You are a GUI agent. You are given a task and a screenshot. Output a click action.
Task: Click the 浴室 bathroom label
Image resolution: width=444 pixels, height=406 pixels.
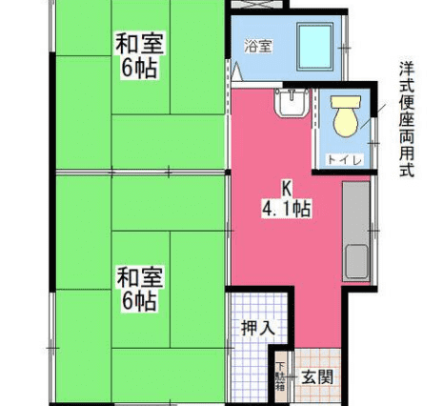(258, 47)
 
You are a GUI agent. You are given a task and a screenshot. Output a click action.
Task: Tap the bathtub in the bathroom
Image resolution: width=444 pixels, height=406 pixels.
(314, 47)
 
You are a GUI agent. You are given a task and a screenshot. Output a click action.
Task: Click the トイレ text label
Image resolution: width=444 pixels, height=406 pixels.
(345, 160)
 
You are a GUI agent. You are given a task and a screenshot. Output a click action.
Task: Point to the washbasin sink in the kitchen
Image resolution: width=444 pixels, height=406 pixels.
(293, 103)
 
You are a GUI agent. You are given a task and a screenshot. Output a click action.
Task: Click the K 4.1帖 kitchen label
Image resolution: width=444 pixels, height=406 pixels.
(287, 199)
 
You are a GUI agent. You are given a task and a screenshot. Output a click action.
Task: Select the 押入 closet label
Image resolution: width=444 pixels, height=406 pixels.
(258, 328)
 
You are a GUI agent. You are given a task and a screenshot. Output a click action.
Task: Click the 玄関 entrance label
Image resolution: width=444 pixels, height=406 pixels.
(317, 377)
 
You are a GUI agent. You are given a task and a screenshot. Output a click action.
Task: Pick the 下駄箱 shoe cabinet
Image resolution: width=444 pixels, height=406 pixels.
(281, 376)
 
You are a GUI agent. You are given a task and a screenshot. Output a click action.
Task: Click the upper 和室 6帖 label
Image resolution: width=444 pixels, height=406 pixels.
(139, 55)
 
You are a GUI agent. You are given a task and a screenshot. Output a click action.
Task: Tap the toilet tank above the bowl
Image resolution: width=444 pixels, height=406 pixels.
(346, 102)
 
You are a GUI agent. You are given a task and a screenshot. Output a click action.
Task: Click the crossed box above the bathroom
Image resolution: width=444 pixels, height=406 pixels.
(260, 5)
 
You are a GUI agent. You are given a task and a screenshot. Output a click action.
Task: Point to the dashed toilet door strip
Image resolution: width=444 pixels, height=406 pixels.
(314, 108)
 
